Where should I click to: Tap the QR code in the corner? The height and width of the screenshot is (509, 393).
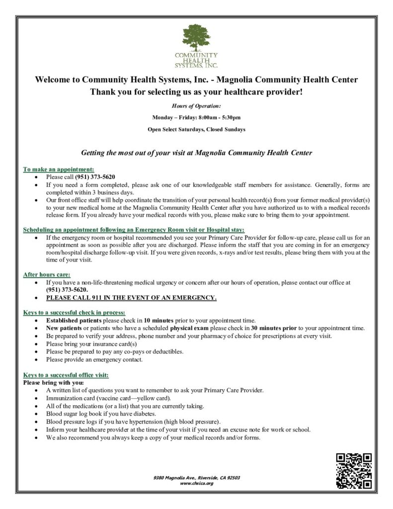point(354,471)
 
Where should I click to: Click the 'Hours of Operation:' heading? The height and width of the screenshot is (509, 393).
point(196,106)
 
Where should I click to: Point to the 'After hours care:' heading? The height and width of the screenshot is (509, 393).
point(47,274)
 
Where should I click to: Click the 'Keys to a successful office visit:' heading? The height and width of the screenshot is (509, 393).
point(66,374)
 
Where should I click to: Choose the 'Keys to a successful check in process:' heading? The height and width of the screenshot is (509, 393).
point(74,313)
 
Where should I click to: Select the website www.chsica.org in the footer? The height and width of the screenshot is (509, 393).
point(196,483)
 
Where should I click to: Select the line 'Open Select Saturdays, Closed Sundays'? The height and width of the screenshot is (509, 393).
point(196,130)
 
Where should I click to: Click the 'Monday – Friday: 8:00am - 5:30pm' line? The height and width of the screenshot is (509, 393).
point(196,118)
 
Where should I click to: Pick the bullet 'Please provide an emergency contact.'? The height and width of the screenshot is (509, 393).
point(94,359)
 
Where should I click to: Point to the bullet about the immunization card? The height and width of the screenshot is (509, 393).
point(109,398)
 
